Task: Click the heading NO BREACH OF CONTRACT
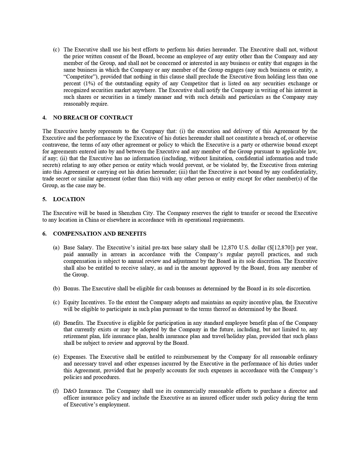(x=93, y=118)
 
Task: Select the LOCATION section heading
(x=69, y=199)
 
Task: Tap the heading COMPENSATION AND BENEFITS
(x=100, y=234)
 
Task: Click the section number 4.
(x=44, y=118)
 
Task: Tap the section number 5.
(x=44, y=199)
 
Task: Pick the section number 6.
(x=44, y=234)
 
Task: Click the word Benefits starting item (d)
(x=74, y=323)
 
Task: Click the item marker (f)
(x=56, y=391)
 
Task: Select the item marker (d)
(x=56, y=323)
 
